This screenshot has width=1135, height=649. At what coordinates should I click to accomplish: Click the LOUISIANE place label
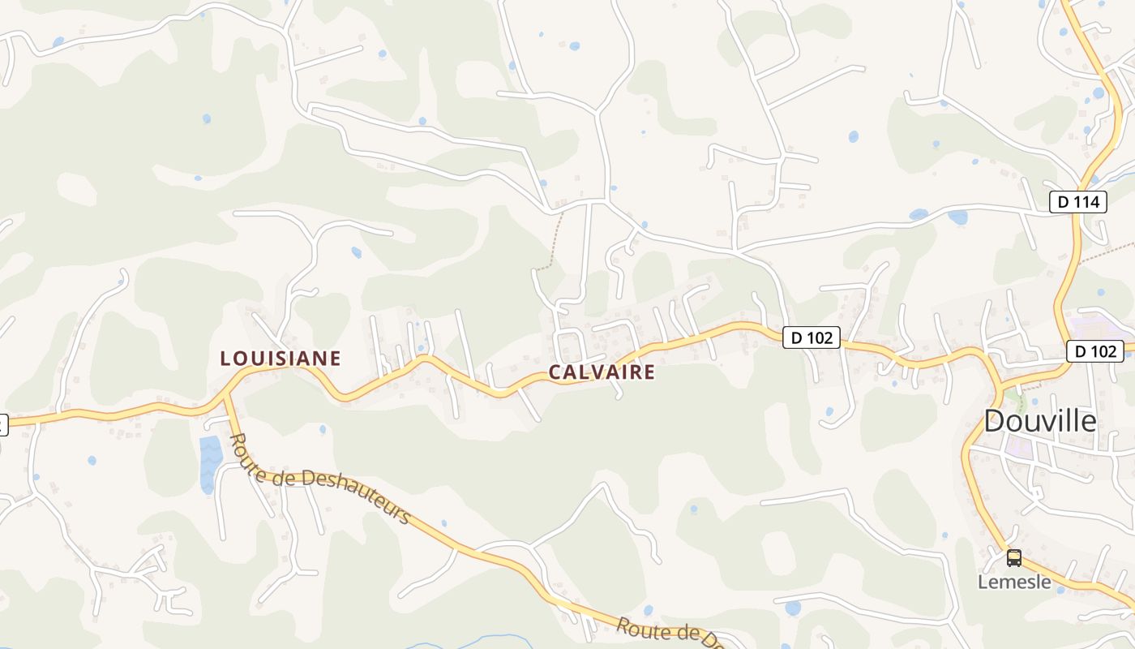coord(281,358)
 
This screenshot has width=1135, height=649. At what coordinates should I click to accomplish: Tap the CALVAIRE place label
coord(602,372)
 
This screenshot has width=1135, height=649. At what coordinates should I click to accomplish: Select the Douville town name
coord(1040,421)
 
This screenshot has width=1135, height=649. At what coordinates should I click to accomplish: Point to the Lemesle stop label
coord(1014,582)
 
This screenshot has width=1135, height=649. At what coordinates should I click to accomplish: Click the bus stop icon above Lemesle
coord(1014,557)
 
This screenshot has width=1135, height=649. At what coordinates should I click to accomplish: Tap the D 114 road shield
coord(1077,202)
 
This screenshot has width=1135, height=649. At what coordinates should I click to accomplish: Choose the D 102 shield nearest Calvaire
coord(811,337)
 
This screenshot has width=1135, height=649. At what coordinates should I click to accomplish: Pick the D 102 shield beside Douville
coord(1094,351)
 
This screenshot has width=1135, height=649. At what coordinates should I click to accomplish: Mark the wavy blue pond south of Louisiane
coord(210,462)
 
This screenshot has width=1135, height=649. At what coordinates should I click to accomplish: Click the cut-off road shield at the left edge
coord(2,424)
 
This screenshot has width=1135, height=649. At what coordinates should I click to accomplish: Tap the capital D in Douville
coord(995,421)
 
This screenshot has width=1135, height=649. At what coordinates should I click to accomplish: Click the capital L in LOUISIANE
coord(225,358)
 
